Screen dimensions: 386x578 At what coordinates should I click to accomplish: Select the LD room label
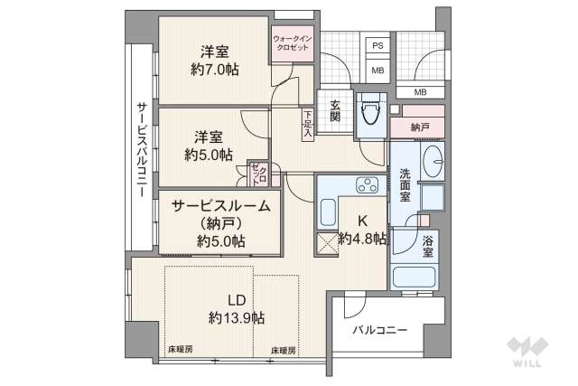click(237, 300)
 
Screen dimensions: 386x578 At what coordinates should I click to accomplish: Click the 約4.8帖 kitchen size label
click(363, 239)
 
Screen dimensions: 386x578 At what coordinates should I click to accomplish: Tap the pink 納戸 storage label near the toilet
click(418, 127)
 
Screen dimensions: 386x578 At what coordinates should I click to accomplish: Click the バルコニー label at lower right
click(379, 330)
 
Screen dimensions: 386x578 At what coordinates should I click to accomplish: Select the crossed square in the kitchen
click(326, 244)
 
